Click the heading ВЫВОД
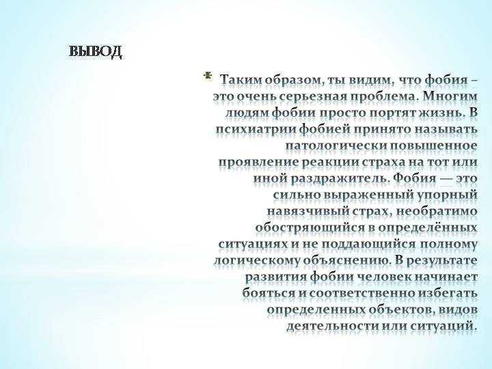pyautogui.click(x=95, y=52)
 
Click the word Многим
pyautogui.click(x=450, y=96)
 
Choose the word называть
pyautogui.click(x=446, y=129)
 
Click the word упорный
pyautogui.click(x=448, y=195)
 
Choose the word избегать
pyautogui.click(x=448, y=293)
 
